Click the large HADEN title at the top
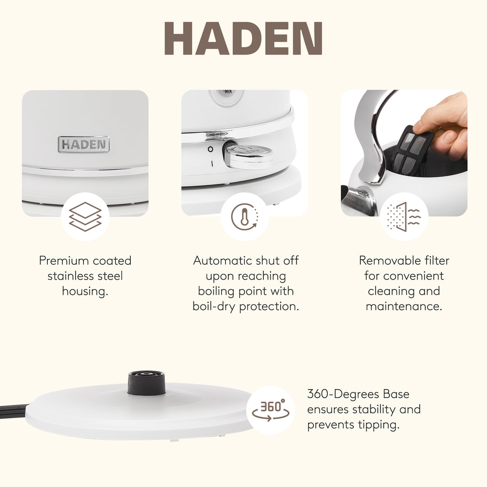coord(243,39)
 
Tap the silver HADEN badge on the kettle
coord(84,144)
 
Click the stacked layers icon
coord(85,216)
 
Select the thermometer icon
coord(244,217)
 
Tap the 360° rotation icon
coord(271,410)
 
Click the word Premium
coord(64,261)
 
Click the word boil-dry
coord(214,307)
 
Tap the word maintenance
coord(404,307)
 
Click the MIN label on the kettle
coord(228,92)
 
